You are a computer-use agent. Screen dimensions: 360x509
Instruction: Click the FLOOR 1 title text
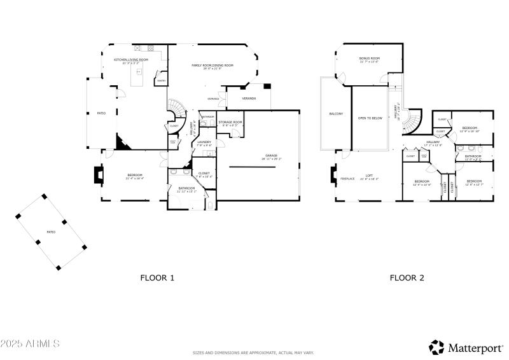[157, 277]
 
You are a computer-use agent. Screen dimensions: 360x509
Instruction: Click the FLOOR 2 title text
[407, 277]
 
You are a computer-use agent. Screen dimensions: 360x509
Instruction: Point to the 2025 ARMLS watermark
[30, 343]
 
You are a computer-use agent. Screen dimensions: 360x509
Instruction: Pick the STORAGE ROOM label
[230, 122]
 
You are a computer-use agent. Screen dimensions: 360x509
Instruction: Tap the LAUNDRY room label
[204, 142]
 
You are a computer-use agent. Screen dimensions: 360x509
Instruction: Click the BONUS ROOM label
[370, 59]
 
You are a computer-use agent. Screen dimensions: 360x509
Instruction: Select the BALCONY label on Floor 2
[336, 114]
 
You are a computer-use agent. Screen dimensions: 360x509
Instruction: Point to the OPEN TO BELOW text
[370, 118]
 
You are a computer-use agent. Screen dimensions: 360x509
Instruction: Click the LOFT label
[369, 176]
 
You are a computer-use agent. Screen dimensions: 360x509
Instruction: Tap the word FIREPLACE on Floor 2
[347, 179]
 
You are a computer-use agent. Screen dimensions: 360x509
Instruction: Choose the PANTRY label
[162, 81]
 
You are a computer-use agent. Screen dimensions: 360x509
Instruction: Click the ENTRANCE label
[213, 99]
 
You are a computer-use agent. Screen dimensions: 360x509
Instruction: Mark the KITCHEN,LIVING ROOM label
[131, 60]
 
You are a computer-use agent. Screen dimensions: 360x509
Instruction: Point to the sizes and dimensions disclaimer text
[254, 352]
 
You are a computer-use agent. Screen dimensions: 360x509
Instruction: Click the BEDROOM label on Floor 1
[135, 176]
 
